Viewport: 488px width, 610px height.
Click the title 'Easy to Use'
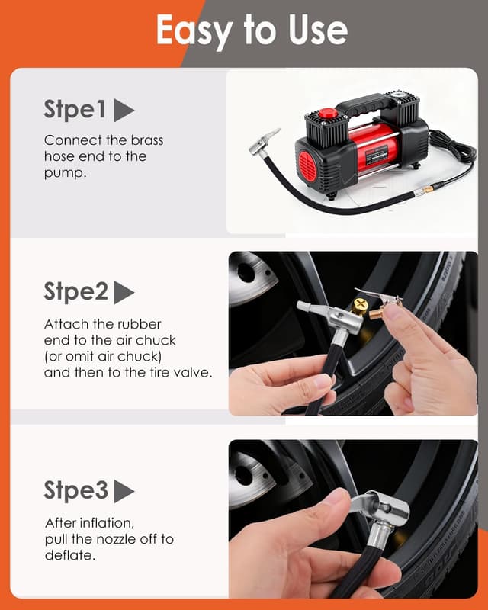tap(252, 30)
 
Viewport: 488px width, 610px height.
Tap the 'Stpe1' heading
tap(75, 111)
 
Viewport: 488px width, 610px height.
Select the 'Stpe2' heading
tap(75, 292)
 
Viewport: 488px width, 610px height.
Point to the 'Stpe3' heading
tap(75, 490)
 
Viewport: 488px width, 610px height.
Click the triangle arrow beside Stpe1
tap(124, 111)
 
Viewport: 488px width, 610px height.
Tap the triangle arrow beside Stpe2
tap(124, 293)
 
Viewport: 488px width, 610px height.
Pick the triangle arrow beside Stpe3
tap(124, 491)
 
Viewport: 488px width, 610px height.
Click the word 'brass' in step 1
tap(147, 140)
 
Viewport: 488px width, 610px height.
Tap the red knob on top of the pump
tap(328, 114)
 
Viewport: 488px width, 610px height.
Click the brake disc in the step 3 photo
tap(252, 477)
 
